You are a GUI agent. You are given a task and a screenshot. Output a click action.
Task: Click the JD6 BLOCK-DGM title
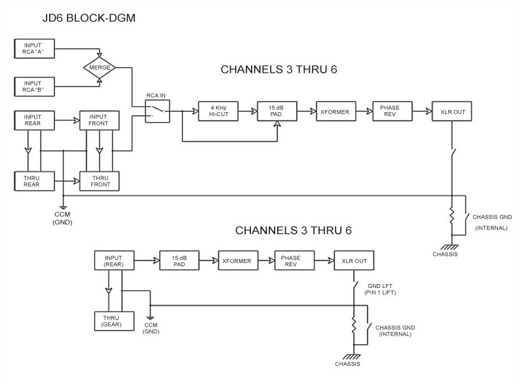89,18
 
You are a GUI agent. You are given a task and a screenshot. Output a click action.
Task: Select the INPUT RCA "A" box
35,49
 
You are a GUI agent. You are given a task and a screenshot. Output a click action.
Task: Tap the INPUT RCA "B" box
35,87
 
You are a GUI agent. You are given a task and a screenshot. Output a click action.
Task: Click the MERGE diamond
100,68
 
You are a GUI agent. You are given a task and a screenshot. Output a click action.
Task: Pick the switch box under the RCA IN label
157,112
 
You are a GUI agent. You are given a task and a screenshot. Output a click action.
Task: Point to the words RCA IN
156,95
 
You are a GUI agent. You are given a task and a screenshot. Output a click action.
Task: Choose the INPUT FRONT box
100,120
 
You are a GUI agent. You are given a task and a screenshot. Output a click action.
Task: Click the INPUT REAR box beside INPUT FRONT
35,120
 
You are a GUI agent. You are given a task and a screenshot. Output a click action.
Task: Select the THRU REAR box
35,181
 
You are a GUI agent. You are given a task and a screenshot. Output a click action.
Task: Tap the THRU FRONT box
100,181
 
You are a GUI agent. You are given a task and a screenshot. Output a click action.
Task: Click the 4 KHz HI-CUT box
218,112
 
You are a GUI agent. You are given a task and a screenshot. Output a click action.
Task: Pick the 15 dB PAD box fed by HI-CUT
277,112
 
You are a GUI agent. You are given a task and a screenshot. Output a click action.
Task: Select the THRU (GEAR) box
114,321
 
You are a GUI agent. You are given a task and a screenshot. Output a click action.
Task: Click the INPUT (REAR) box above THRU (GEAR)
114,261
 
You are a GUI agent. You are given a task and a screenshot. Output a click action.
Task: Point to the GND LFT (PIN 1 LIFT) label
380,289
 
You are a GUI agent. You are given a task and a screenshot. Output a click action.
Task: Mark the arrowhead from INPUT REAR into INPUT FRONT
77,120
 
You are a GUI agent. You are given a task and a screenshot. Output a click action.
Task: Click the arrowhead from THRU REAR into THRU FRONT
77,181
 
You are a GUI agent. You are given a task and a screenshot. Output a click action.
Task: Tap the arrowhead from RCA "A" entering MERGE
100,54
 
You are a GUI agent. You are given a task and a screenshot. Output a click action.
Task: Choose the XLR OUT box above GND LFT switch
354,261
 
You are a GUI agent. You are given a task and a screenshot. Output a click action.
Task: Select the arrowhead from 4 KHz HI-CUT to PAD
254,112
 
